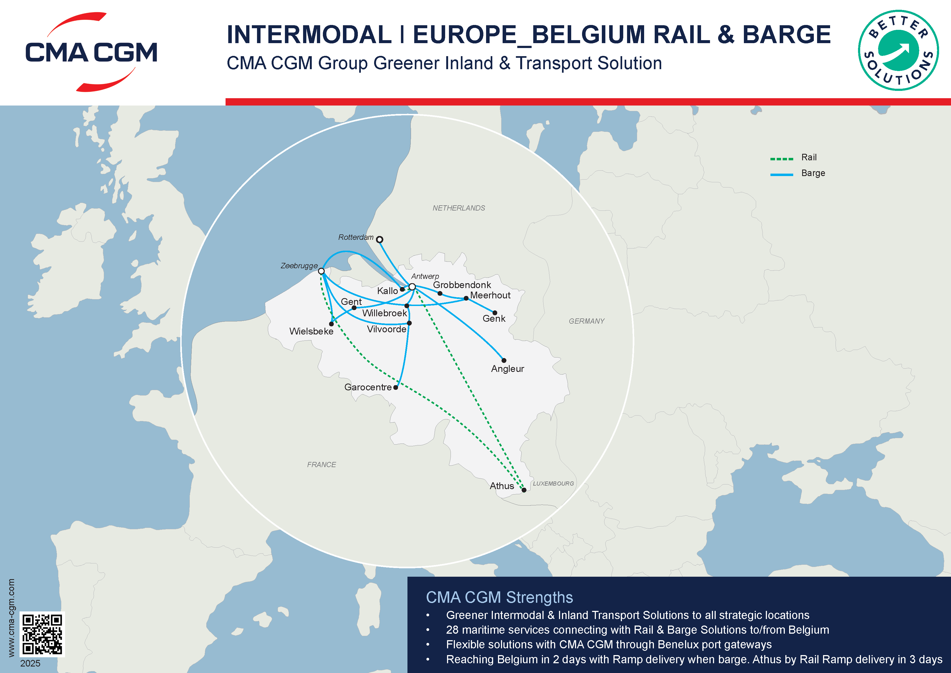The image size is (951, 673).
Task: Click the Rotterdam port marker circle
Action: [x=380, y=240]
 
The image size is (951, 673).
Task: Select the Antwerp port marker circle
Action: [x=412, y=287]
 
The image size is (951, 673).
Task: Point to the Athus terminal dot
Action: [x=524, y=490]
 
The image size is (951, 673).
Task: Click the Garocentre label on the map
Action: [x=368, y=387]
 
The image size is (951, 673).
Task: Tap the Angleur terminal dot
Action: [x=504, y=361]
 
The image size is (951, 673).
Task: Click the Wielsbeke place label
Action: [x=311, y=331]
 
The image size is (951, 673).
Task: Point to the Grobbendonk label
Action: [x=462, y=285]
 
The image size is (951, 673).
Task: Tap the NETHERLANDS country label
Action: [x=458, y=208]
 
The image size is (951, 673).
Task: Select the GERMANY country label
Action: [x=586, y=321]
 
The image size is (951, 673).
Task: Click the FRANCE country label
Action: [x=322, y=465]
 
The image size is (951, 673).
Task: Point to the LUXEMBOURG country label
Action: [x=553, y=484]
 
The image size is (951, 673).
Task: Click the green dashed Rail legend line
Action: [x=782, y=159]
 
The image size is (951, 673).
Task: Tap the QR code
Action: [x=42, y=634]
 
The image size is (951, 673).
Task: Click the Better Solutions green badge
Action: [x=898, y=50]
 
